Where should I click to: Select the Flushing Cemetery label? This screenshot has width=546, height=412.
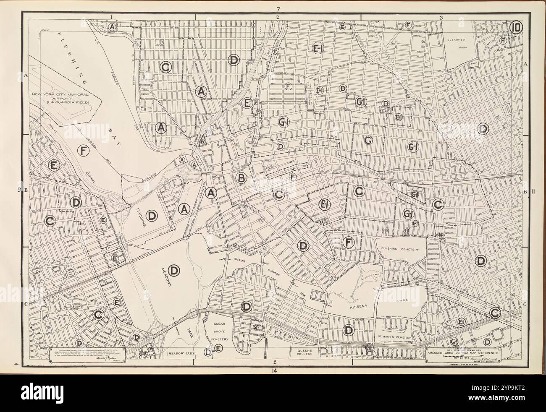pos(400,250)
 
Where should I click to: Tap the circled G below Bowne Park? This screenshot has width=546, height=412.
pos(368,141)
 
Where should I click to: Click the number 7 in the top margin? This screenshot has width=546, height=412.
pos(277,9)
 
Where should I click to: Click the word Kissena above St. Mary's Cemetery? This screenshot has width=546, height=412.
pos(358,307)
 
